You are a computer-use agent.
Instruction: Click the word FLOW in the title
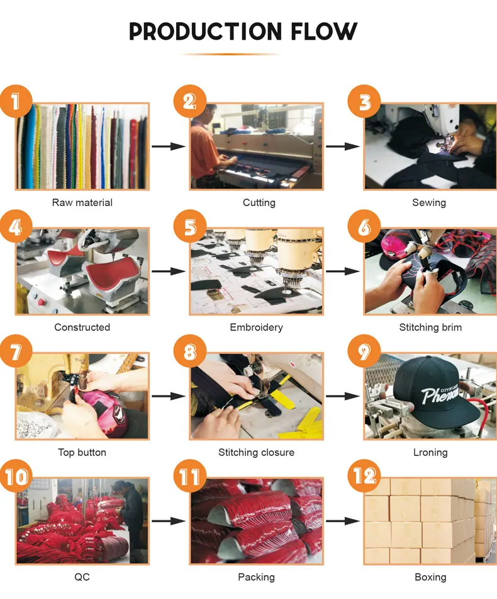point(324,31)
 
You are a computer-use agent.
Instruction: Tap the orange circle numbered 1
point(16,101)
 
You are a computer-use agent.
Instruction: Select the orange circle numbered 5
point(190,226)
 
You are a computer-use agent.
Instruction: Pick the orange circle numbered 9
point(364,351)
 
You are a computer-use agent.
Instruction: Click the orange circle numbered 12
point(364,476)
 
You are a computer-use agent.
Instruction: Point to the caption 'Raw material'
point(82,202)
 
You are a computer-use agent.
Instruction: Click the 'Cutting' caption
point(259,203)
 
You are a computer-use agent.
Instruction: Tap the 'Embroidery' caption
point(256,328)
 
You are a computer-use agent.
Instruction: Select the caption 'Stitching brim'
point(430,328)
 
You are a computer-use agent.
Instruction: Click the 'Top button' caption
point(82,453)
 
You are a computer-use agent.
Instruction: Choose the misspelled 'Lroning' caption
point(430,453)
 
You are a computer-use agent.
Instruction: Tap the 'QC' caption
point(82,577)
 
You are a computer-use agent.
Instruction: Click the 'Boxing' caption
point(430,577)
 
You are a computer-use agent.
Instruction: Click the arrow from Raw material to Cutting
point(169,146)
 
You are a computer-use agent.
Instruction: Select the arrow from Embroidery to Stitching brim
point(343,271)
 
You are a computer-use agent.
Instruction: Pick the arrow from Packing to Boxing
point(343,521)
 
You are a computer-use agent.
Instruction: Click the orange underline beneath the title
point(230,54)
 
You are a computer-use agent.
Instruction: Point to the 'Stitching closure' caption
point(256,453)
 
